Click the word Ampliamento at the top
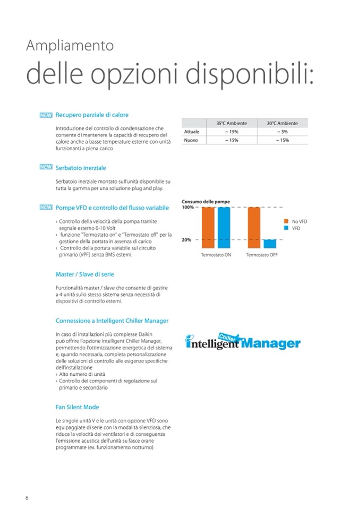pos(70,46)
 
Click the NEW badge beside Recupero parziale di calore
pos(46,115)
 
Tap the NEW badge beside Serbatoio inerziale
pos(46,167)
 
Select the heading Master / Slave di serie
pos(85,274)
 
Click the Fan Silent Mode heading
pos(77,407)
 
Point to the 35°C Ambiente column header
pos(231,123)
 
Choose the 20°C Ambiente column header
pos(282,123)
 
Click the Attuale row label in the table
pos(192,132)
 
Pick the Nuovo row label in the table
pos(191,140)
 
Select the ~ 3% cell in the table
pos(282,132)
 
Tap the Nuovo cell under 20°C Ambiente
pos(282,140)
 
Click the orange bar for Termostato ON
pos(209,228)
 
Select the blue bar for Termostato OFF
pos(270,244)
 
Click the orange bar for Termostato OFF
pos(254,228)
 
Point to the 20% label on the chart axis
pos(187,240)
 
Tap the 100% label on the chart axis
pos(188,208)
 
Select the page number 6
pos(27,497)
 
